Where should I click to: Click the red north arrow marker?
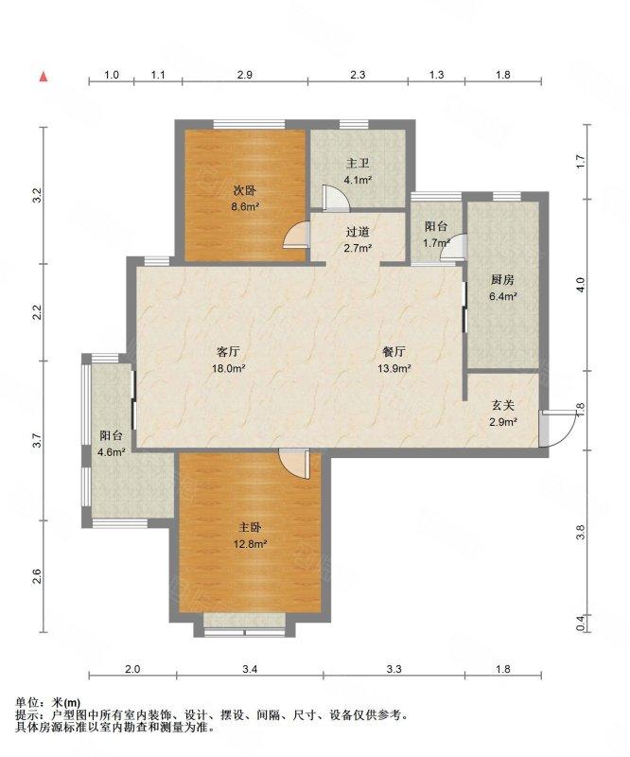(x=44, y=76)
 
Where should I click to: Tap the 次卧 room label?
(x=244, y=191)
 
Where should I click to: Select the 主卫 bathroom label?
(x=358, y=164)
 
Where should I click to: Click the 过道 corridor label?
(x=358, y=232)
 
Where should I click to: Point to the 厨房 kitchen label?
(x=502, y=279)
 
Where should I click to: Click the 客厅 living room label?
(x=229, y=351)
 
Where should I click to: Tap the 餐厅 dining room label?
(x=394, y=351)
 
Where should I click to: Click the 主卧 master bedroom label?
(x=250, y=527)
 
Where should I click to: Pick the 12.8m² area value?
(x=250, y=544)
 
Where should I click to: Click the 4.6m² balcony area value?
(x=112, y=452)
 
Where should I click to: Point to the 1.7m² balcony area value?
(x=436, y=243)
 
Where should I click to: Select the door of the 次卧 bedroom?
(x=296, y=235)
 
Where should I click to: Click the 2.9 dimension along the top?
(x=245, y=75)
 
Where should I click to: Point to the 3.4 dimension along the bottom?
(x=250, y=669)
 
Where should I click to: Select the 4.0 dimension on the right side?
(x=581, y=284)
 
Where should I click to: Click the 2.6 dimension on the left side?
(x=37, y=576)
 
